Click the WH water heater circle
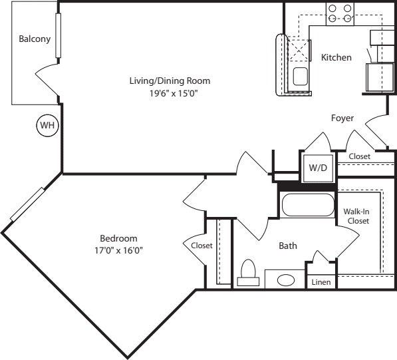(x=47, y=125)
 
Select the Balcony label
(x=35, y=39)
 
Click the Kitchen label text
(x=336, y=57)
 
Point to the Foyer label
(x=342, y=118)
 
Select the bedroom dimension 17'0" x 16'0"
(x=118, y=250)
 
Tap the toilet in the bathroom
(x=248, y=273)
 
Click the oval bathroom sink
(x=287, y=279)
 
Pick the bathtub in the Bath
(x=307, y=206)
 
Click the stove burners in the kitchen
(x=339, y=13)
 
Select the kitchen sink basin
(x=299, y=76)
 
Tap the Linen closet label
(x=321, y=282)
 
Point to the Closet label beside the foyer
(x=360, y=156)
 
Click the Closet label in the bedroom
(x=201, y=245)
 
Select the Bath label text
(x=287, y=246)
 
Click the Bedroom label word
(x=118, y=238)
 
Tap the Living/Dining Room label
(x=170, y=81)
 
